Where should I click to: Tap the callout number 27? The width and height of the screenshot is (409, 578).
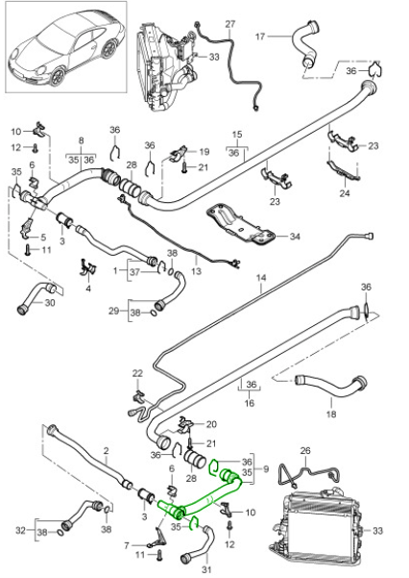click(229, 22)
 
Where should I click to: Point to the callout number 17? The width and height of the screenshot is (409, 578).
click(259, 38)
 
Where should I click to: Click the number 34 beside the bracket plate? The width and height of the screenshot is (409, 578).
click(295, 236)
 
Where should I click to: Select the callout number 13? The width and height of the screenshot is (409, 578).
click(198, 272)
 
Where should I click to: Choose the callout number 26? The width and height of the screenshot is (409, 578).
click(306, 450)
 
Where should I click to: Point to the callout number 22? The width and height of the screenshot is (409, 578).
click(137, 373)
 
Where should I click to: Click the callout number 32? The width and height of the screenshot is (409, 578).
click(20, 530)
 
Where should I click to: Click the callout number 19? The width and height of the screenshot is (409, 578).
click(204, 152)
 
